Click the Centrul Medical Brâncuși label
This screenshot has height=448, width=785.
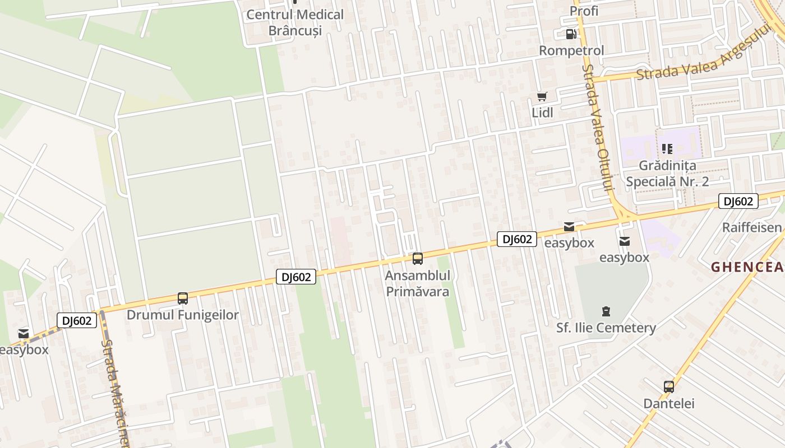(295, 22)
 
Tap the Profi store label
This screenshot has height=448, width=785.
(584, 11)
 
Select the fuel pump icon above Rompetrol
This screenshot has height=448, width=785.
(571, 34)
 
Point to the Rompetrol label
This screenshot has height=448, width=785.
(571, 50)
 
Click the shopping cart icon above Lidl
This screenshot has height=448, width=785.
(542, 97)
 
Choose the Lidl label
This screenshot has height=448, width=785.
(542, 113)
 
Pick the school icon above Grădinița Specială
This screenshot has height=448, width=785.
(667, 149)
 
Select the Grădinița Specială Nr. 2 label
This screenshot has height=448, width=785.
(667, 174)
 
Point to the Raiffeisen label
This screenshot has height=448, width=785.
(752, 227)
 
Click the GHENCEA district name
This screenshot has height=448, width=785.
(748, 268)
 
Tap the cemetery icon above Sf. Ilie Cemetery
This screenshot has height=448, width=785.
(606, 311)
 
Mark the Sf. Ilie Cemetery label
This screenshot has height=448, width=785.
(606, 328)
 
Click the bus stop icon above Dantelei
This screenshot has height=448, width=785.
(668, 386)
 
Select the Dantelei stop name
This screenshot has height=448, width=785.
(668, 403)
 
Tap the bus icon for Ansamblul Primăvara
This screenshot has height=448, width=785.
(417, 259)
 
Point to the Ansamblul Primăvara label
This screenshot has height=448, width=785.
(418, 283)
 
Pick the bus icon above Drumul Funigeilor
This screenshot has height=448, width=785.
(182, 298)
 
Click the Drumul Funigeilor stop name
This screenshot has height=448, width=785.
(183, 315)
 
